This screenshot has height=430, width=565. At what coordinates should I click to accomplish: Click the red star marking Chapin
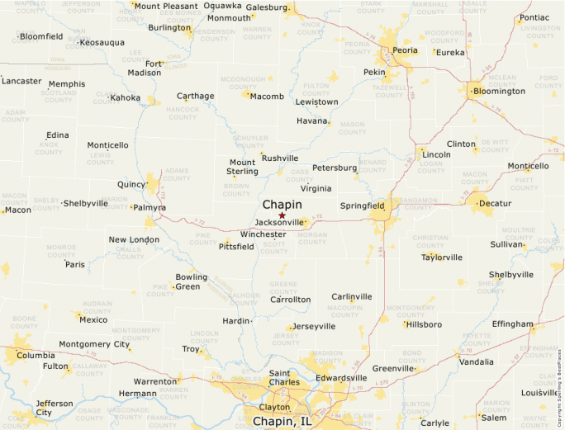pyautogui.click(x=282, y=215)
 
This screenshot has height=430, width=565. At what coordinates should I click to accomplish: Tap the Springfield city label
pyautogui.click(x=362, y=206)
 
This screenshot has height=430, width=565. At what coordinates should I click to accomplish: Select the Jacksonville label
pyautogui.click(x=280, y=223)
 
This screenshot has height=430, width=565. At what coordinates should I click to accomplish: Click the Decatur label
pyautogui.click(x=495, y=202)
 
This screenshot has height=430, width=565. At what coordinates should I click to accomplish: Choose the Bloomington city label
pyautogui.click(x=498, y=91)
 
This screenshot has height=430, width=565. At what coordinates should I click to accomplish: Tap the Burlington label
pyautogui.click(x=169, y=27)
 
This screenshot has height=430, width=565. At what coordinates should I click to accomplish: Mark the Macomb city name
pyautogui.click(x=266, y=97)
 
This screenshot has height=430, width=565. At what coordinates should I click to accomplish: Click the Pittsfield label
pyautogui.click(x=236, y=246)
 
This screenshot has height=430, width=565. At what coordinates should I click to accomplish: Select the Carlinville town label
pyautogui.click(x=352, y=296)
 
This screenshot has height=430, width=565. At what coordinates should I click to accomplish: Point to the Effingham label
pyautogui.click(x=511, y=324)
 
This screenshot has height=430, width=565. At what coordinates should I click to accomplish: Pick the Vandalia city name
pyautogui.click(x=476, y=361)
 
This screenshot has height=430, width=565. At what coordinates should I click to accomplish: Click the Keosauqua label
pyautogui.click(x=102, y=42)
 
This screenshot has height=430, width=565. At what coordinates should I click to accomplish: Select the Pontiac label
pyautogui.click(x=534, y=17)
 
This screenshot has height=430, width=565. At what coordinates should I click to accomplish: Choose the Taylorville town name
pyautogui.click(x=441, y=257)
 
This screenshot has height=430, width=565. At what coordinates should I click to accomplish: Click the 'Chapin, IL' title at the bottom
pyautogui.click(x=282, y=422)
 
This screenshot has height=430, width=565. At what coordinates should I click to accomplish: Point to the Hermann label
pyautogui.click(x=137, y=394)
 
